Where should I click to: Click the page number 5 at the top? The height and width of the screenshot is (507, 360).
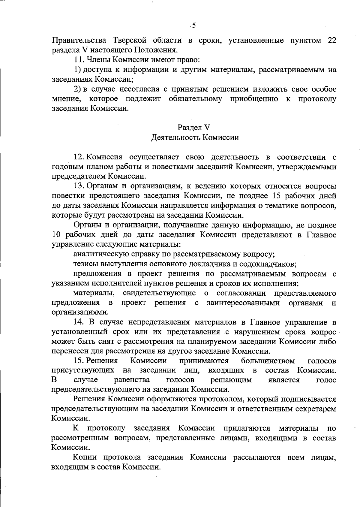[194, 26]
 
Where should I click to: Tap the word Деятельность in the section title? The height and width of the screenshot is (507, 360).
[175, 137]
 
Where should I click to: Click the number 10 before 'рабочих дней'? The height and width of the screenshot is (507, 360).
[56, 235]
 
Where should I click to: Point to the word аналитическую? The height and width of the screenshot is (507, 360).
[101, 254]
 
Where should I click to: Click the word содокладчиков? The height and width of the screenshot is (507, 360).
[270, 264]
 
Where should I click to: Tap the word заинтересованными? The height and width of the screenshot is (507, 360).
[243, 303]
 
